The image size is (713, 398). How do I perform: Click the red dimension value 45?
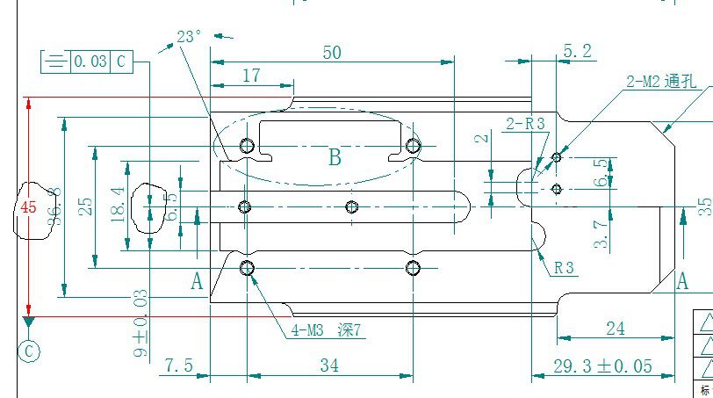[29, 207]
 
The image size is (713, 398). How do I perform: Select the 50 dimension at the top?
[331, 53]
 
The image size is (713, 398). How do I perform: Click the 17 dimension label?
[251, 76]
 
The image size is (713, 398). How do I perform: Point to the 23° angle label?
[189, 36]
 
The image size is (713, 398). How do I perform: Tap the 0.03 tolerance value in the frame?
[90, 62]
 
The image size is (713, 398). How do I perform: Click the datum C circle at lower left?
[29, 351]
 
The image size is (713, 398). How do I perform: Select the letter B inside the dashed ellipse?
[335, 158]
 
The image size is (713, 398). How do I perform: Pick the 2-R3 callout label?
[525, 124]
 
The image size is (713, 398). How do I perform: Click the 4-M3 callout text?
[326, 331]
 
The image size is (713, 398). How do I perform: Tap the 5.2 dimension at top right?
[576, 52]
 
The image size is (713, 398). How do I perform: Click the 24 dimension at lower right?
[616, 329]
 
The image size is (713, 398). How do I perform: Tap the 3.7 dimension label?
[601, 235]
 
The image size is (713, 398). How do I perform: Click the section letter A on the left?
[198, 281]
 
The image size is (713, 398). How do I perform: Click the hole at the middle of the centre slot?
[352, 206]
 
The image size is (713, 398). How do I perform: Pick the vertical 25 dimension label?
[85, 207]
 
